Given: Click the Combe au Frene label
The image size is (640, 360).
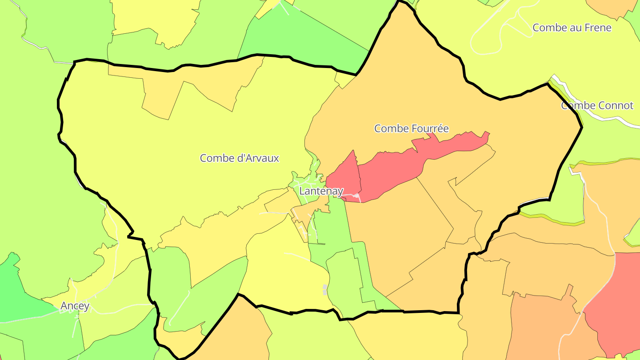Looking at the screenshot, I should click(x=572, y=28).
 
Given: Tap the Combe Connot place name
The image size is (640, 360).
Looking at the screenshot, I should click(x=597, y=106).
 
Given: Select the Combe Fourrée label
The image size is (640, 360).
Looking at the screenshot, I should click(x=411, y=128).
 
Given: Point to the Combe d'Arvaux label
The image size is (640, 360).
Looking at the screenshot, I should click(x=239, y=158).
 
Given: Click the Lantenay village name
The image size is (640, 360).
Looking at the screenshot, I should click(x=321, y=191).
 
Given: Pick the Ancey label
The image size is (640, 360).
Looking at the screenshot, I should click(x=75, y=306).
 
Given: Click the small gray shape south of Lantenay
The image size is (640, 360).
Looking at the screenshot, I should click(x=325, y=289).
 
